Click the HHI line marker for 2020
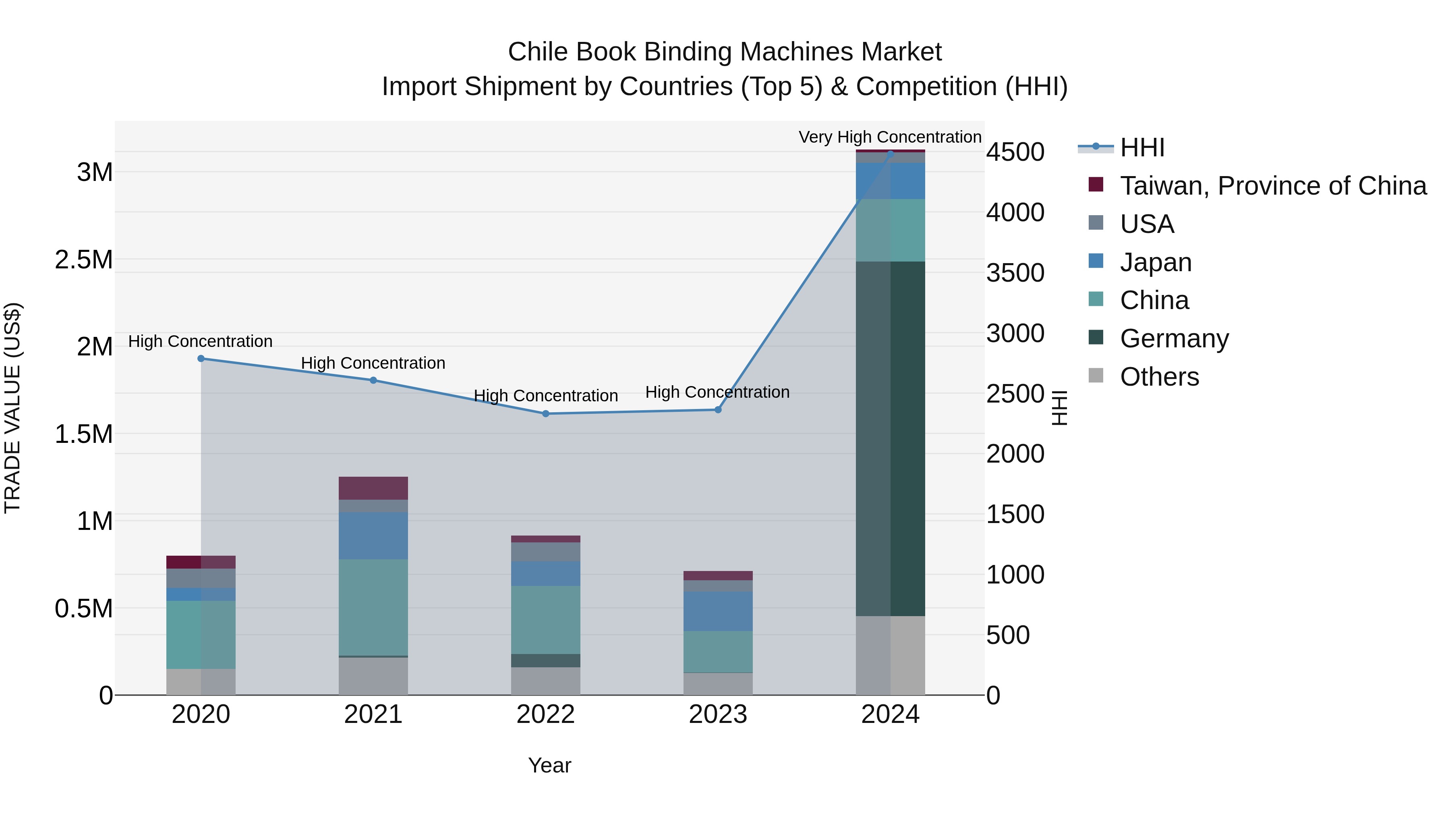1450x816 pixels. pos(201,359)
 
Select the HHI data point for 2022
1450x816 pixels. pos(545,414)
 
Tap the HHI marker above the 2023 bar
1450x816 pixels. pos(718,410)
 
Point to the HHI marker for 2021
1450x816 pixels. pos(373,380)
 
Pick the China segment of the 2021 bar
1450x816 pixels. pos(373,607)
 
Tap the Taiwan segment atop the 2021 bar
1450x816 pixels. pos(373,488)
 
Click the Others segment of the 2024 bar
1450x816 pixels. pos(890,656)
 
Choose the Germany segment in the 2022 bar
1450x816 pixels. pos(545,660)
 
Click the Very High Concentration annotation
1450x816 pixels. pos(889,137)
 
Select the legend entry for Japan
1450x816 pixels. pos(1155,262)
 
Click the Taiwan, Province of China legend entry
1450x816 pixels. pos(1272,186)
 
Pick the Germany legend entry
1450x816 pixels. pos(1174,338)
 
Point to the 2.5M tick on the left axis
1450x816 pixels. pos(83,260)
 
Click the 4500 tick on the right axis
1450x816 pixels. pos(1015,152)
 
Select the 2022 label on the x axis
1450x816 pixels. pos(545,714)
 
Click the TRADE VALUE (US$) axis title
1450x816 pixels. pos(13,408)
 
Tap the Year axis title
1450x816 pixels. pos(549,765)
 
